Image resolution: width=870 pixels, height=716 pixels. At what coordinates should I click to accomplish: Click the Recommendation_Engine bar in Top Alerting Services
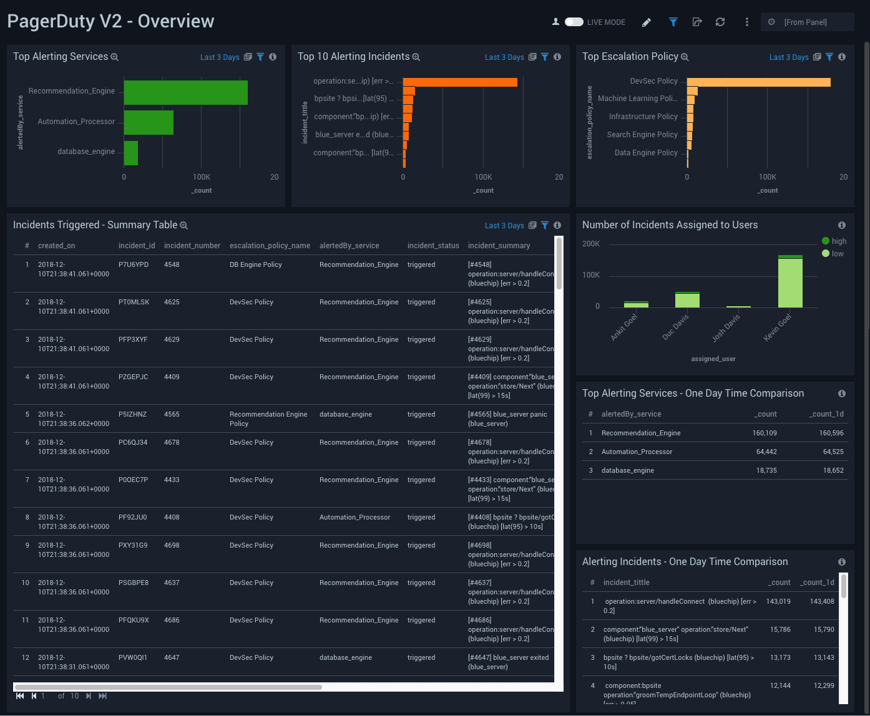click(x=185, y=92)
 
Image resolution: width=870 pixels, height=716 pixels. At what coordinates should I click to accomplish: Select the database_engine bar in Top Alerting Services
click(x=131, y=153)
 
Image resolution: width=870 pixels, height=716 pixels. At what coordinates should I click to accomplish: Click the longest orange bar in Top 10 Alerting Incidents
click(x=460, y=82)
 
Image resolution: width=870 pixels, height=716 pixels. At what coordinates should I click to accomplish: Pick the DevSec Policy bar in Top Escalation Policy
click(x=758, y=82)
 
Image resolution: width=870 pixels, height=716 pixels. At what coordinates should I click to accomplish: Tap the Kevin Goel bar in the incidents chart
click(x=790, y=282)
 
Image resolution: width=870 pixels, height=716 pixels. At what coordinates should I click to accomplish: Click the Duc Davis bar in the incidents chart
click(x=687, y=300)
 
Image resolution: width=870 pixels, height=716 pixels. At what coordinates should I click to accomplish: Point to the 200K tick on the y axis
click(x=591, y=244)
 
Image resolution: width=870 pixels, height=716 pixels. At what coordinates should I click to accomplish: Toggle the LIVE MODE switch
click(x=574, y=22)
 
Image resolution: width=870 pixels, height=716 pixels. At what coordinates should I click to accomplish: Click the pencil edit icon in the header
click(x=647, y=22)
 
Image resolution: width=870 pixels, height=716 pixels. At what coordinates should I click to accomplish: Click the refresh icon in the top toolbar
click(x=720, y=22)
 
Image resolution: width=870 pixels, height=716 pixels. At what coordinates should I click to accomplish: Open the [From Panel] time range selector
click(x=806, y=22)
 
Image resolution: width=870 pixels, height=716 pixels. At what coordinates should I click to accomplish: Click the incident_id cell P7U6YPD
click(x=134, y=264)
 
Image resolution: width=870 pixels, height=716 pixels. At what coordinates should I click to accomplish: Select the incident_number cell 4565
click(x=172, y=414)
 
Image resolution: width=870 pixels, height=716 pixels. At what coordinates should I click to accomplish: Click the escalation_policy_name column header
click(x=270, y=246)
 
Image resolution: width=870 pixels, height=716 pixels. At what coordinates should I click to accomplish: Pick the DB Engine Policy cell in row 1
click(x=256, y=264)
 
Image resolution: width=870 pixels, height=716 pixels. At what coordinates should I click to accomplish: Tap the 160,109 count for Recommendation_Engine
click(x=765, y=433)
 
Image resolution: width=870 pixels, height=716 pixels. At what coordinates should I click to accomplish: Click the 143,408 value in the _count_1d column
click(x=821, y=601)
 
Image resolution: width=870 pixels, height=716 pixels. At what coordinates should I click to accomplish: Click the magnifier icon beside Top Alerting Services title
click(x=114, y=57)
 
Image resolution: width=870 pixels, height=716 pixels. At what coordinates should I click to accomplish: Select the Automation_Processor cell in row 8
click(x=354, y=517)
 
